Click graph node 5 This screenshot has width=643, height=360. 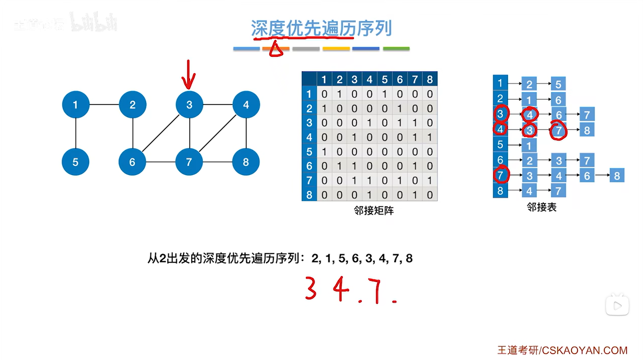[75, 162]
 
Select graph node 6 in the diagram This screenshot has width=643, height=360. [132, 162]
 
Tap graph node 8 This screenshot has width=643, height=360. [246, 162]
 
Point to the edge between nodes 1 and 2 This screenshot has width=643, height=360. [104, 104]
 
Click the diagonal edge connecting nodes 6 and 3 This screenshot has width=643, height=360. [161, 133]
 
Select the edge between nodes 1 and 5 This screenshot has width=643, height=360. [75, 133]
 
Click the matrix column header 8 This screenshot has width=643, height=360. [430, 79]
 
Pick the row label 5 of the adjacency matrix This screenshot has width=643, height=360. [309, 152]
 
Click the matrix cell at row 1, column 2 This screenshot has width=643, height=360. [339, 94]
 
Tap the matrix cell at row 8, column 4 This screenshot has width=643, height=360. [369, 195]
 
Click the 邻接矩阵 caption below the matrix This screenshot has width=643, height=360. [373, 210]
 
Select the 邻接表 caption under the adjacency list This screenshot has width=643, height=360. [541, 207]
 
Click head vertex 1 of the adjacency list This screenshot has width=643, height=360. [500, 83]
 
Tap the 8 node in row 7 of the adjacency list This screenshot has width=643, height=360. [617, 175]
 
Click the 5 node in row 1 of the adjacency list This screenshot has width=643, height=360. [558, 84]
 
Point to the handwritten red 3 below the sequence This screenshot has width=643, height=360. [310, 288]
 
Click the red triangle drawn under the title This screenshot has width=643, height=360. [276, 50]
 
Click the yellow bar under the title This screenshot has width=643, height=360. [336, 49]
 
